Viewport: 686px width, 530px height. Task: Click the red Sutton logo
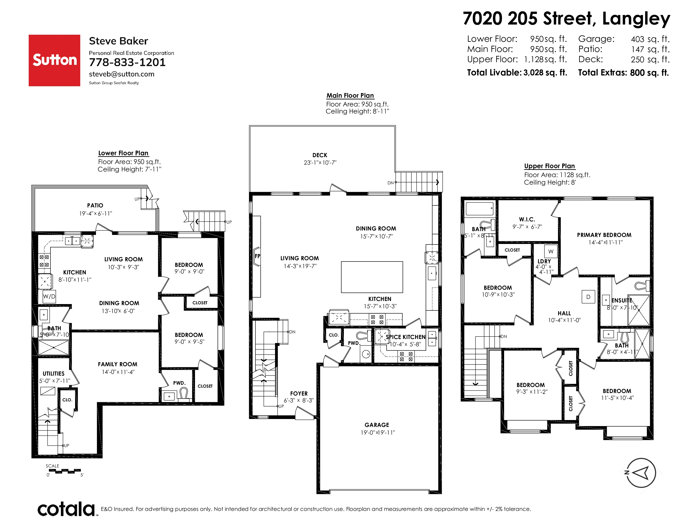pyautogui.click(x=54, y=60)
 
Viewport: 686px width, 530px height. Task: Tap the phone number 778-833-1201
pyautogui.click(x=127, y=63)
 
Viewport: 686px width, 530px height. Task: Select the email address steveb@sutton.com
pyautogui.click(x=122, y=74)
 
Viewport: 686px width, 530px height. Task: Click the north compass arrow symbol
pyautogui.click(x=641, y=473)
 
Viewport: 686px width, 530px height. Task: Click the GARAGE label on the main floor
pyautogui.click(x=377, y=425)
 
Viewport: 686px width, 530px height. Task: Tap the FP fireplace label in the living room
pyautogui.click(x=257, y=256)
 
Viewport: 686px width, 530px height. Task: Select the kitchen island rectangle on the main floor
pyautogui.click(x=372, y=277)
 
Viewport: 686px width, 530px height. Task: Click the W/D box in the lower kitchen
pyautogui.click(x=49, y=296)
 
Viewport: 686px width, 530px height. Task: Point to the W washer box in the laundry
pyautogui.click(x=551, y=251)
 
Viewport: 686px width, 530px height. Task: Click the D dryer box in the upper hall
pyautogui.click(x=588, y=297)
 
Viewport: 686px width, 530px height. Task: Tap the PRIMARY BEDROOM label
pyautogui.click(x=604, y=235)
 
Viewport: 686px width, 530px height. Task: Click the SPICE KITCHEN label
pyautogui.click(x=406, y=337)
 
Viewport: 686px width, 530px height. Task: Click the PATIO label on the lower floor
pyautogui.click(x=95, y=205)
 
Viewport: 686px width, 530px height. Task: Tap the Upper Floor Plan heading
pyautogui.click(x=549, y=166)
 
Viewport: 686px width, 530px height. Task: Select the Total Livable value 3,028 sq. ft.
pyautogui.click(x=545, y=73)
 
